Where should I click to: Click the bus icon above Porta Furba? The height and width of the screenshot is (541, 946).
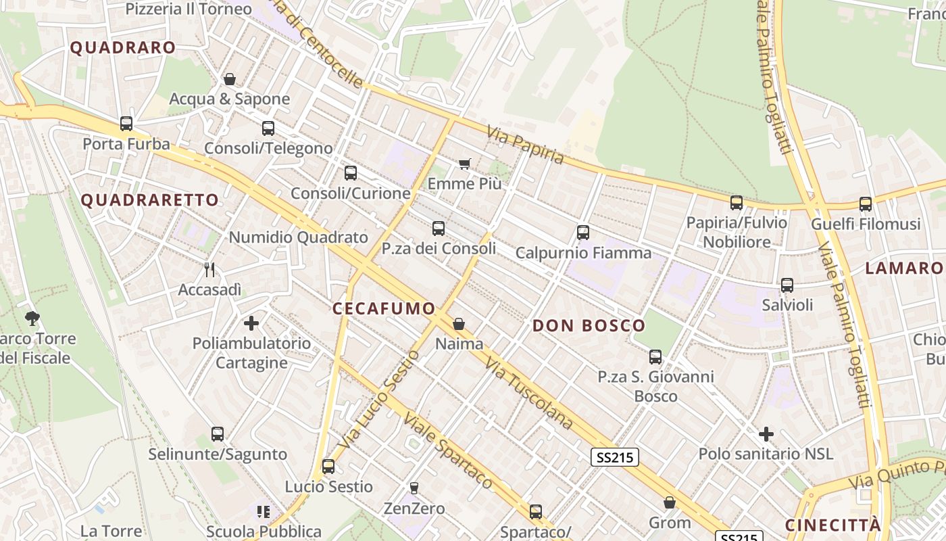point(126,124)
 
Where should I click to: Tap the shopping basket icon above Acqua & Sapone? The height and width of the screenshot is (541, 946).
point(230,79)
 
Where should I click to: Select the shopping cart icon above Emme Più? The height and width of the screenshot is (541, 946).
point(464,164)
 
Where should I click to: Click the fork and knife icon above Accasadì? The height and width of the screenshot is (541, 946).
point(209,270)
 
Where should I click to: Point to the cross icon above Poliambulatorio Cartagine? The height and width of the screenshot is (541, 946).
point(251,323)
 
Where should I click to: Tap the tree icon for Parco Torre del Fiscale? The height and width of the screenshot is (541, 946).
point(32,318)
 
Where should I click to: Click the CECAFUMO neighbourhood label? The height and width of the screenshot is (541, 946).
point(384,309)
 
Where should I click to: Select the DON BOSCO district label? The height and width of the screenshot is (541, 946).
point(589,326)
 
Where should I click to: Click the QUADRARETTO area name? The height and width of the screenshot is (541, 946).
point(150,200)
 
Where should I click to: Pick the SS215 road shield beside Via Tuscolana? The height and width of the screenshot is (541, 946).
point(614,458)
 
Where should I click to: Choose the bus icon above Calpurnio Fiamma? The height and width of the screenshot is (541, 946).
point(583,233)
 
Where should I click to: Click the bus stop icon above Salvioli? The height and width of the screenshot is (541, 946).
point(787,285)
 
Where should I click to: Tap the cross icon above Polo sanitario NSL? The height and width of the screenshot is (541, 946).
point(766,433)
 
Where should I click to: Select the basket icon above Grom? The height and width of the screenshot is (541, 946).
point(670,502)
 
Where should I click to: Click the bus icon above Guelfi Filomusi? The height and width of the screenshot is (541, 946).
point(866,204)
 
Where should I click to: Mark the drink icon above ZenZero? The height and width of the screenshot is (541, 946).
point(414,488)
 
